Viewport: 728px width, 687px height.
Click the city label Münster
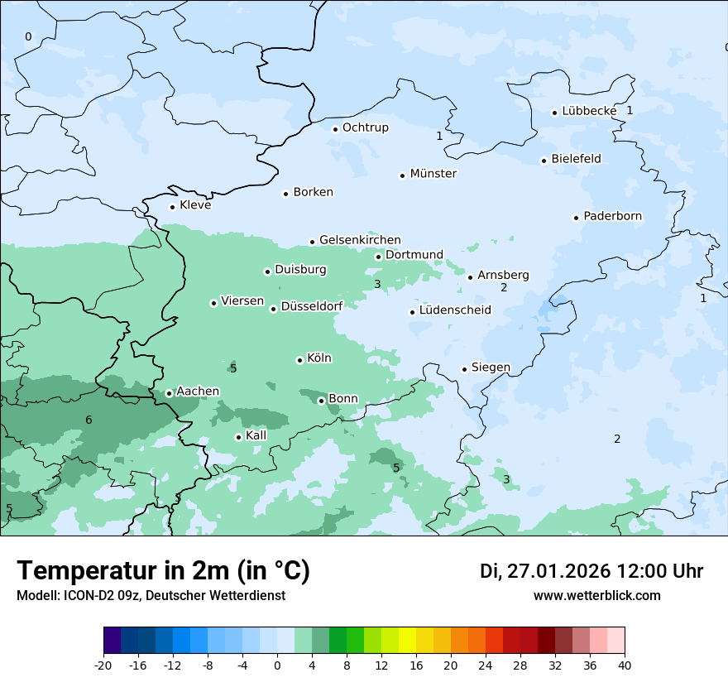tap(433, 174)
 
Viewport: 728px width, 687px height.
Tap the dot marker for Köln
tap(299, 360)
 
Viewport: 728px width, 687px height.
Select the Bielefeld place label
tap(576, 159)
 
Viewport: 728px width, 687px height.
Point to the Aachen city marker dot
tap(169, 393)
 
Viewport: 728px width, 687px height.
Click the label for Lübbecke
tap(589, 111)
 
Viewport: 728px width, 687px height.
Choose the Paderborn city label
tap(612, 216)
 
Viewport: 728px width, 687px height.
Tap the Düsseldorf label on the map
tap(312, 306)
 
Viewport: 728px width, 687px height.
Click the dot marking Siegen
tap(465, 369)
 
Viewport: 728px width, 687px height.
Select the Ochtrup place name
tap(365, 127)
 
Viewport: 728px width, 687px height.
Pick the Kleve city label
tap(195, 205)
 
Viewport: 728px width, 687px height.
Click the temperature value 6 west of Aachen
tap(89, 420)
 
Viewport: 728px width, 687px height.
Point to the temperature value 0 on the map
tap(28, 36)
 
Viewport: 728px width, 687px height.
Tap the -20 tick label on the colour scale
tap(103, 665)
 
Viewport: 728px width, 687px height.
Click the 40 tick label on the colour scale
tap(625, 665)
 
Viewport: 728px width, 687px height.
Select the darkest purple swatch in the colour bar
tap(112, 641)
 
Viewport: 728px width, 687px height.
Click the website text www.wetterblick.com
tap(596, 595)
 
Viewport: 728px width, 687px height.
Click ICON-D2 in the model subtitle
tap(89, 595)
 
